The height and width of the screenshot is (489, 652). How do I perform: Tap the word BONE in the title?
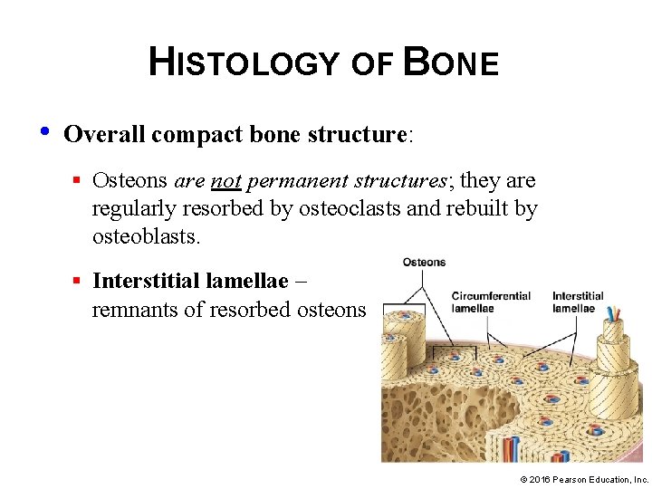450,62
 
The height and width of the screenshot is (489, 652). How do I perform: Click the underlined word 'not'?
225,180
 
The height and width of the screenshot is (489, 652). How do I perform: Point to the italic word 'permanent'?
287,180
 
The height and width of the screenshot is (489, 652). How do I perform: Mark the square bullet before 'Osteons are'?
79,181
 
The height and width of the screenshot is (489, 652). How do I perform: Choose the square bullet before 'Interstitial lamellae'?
79,282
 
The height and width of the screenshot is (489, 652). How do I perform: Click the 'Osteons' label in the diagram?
424,263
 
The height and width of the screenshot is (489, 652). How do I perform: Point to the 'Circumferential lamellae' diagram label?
491,302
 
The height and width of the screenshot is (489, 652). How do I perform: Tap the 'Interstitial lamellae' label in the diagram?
578,302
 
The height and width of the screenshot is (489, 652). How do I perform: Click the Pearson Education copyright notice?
584,478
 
